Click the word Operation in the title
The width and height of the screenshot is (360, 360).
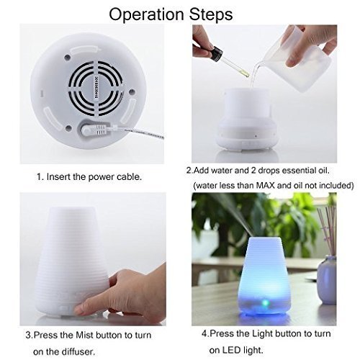(147, 15)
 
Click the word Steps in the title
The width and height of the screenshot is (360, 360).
(211, 15)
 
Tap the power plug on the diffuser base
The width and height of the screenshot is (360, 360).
(96, 130)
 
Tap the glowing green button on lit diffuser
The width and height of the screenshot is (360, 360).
(265, 303)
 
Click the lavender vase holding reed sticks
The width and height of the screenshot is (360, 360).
(327, 279)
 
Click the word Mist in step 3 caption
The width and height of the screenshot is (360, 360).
(84, 335)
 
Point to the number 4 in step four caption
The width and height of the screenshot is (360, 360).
(204, 333)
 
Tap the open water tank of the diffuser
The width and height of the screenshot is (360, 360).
(247, 102)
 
